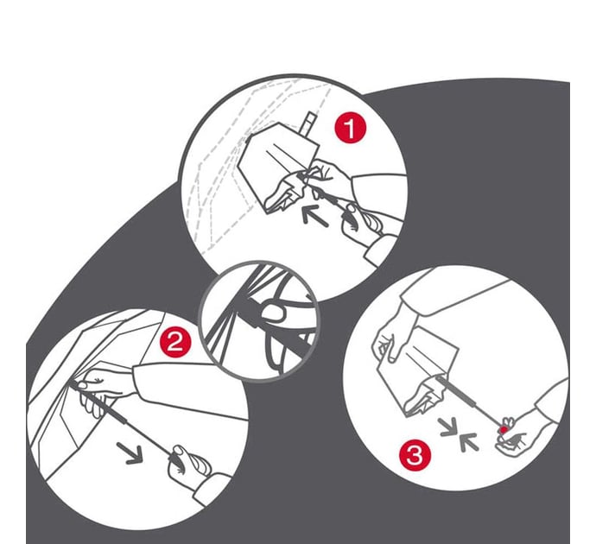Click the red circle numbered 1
coord(350,129)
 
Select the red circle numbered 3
coord(415,454)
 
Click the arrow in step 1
coord(314,215)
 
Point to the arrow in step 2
coord(130,452)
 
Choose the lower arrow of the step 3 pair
coord(468,442)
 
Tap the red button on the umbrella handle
coord(504,430)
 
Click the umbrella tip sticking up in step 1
coord(308,123)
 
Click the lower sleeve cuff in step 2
coord(209,488)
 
